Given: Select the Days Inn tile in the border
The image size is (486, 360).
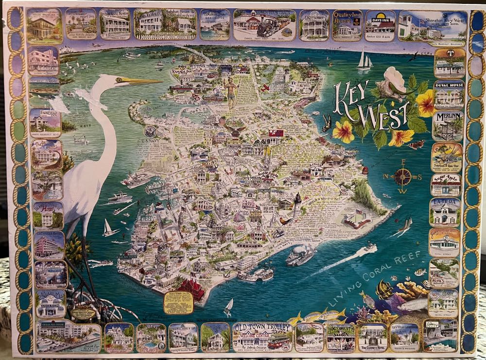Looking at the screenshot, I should coord(380,25).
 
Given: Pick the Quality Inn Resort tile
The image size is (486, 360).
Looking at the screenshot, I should coord(347,25).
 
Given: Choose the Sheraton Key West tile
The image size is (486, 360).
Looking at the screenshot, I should coord(432,25).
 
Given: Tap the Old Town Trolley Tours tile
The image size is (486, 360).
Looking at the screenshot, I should coord(262,337).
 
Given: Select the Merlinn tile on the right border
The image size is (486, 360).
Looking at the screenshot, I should coord(448,126).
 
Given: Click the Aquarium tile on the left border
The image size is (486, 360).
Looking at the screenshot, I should coord(50,303).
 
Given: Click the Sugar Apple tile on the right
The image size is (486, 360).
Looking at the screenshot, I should coord(446,185).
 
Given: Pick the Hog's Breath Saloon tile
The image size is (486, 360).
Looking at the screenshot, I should coord(341,337).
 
